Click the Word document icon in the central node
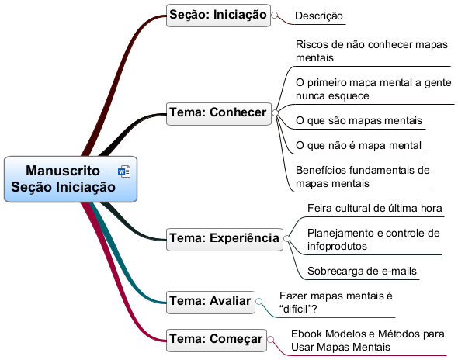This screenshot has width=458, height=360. click(x=124, y=171)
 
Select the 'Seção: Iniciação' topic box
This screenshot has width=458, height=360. click(x=218, y=16)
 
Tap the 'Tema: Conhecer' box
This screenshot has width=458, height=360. click(x=219, y=113)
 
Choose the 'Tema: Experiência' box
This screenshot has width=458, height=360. click(x=224, y=240)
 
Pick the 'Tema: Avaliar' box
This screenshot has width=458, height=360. click(x=210, y=302)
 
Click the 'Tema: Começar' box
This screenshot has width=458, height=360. click(x=217, y=341)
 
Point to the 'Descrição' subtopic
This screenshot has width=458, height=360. click(x=319, y=16)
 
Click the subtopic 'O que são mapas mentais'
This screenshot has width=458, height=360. click(x=359, y=120)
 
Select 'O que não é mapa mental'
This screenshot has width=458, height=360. click(x=359, y=145)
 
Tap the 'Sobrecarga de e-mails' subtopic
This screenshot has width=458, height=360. click(x=362, y=271)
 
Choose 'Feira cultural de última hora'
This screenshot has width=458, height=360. click(x=375, y=208)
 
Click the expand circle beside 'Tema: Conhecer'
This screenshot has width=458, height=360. click(x=275, y=112)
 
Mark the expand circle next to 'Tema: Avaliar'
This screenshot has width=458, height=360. click(x=258, y=301)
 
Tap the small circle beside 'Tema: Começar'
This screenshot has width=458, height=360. click(x=271, y=339)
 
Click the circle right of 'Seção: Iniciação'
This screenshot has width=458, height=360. click(x=275, y=15)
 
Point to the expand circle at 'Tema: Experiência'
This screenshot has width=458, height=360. click(x=287, y=238)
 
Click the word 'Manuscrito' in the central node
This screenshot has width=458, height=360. click(x=63, y=171)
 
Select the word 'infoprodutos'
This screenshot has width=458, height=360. click(x=337, y=247)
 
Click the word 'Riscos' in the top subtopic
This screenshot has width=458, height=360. click(x=311, y=45)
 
